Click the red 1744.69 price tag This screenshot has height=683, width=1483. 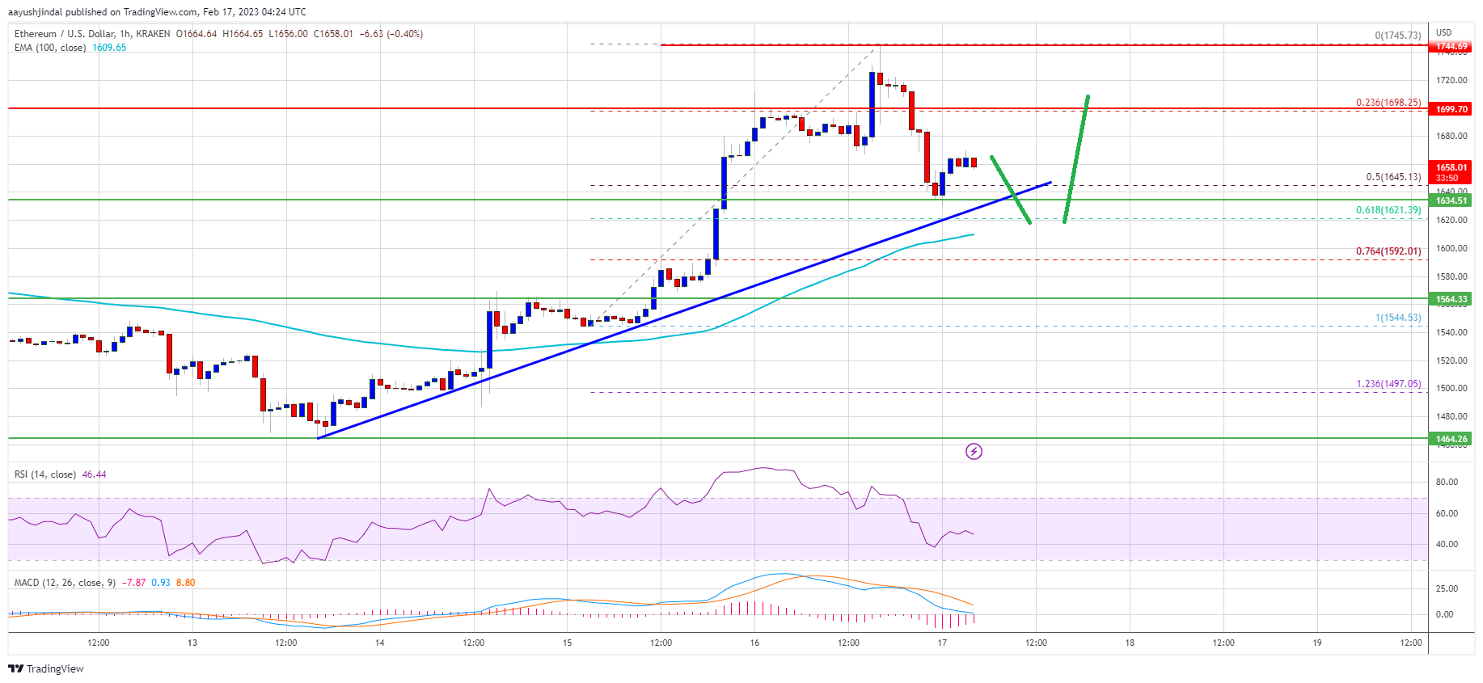coord(1451,46)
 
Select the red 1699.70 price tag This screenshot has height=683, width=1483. coord(1451,109)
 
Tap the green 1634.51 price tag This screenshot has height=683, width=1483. coord(1451,200)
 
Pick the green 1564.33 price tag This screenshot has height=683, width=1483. coord(1451,299)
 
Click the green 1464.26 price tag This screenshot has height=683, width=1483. coord(1451,439)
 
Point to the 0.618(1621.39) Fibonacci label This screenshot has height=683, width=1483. coord(1388,210)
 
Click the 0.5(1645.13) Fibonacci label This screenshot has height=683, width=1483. coord(1392,177)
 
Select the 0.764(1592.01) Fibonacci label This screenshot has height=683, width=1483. coord(1388,251)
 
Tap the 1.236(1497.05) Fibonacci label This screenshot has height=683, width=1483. coord(1388,384)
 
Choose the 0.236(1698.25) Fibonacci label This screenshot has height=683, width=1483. coord(1388,103)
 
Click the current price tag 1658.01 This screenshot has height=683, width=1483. coord(1451,168)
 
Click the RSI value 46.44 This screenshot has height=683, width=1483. coord(94,474)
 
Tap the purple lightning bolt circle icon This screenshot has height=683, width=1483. coord(974,451)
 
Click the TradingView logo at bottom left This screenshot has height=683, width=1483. coord(46,668)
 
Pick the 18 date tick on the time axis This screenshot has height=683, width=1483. coord(1130,643)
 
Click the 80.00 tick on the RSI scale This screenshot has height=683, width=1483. coord(1446,482)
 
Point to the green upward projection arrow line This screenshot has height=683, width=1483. coord(1076,158)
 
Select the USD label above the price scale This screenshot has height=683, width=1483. coord(1443,33)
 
